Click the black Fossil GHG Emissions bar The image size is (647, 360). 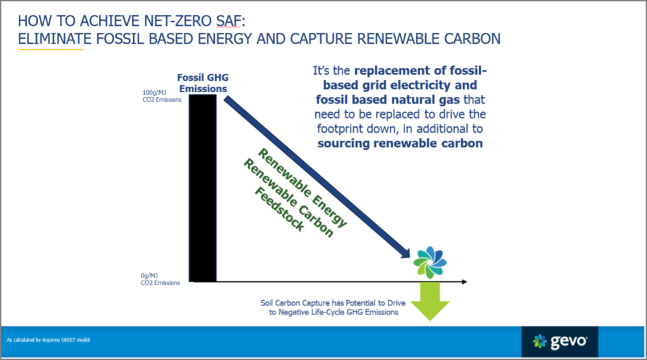[203, 188]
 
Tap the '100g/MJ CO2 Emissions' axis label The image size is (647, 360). [162, 96]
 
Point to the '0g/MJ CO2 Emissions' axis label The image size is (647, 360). [160, 279]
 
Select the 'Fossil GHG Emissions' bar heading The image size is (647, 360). [203, 83]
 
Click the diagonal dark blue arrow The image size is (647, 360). [317, 177]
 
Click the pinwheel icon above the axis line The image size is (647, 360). [430, 262]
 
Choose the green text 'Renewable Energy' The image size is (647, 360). [303, 188]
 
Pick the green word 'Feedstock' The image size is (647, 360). [279, 209]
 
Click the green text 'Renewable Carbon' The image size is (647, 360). [288, 198]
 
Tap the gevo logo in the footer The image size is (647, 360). [560, 342]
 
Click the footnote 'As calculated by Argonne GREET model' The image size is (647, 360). [48, 340]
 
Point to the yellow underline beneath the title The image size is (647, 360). [51, 49]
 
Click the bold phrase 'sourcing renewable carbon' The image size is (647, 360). [400, 143]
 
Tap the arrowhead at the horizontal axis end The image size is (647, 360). [464, 282]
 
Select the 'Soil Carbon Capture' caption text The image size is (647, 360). [333, 308]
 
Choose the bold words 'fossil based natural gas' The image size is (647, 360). [387, 99]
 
